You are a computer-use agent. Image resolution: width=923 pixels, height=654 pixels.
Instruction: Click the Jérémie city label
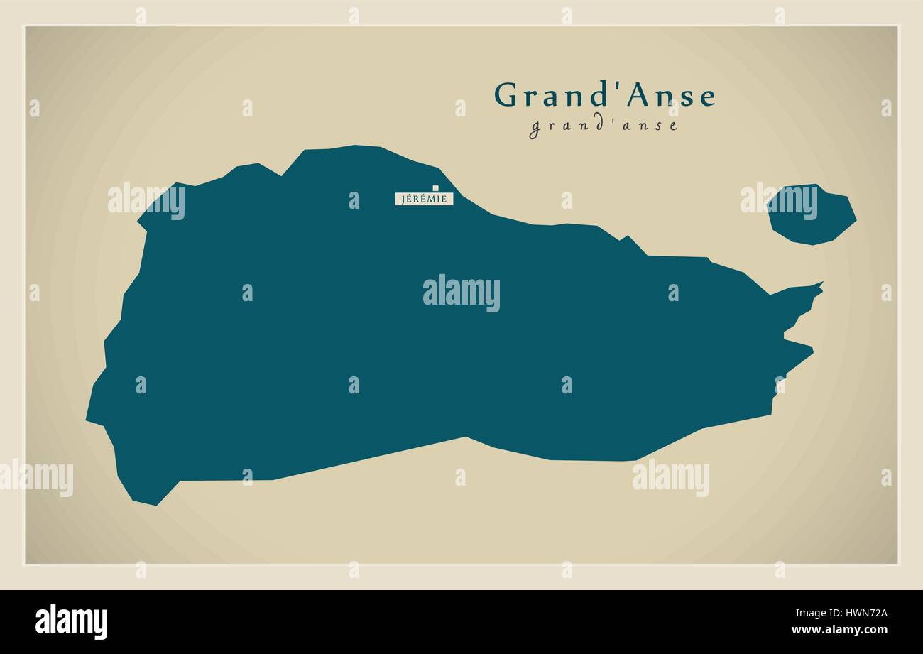(x=424, y=199)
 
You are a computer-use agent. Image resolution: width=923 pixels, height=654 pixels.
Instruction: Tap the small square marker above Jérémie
(x=436, y=188)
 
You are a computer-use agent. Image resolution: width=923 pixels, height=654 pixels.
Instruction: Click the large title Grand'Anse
(x=605, y=95)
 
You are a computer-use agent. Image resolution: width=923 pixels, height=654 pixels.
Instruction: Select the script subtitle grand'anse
(x=603, y=126)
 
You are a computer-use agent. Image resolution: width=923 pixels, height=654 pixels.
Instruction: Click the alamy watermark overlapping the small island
(x=778, y=202)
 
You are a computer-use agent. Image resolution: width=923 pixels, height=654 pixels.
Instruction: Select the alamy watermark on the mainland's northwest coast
(x=146, y=201)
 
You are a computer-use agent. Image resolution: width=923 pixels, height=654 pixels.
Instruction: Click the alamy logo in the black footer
(x=71, y=622)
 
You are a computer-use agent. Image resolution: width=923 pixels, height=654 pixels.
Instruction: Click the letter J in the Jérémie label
(x=403, y=199)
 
